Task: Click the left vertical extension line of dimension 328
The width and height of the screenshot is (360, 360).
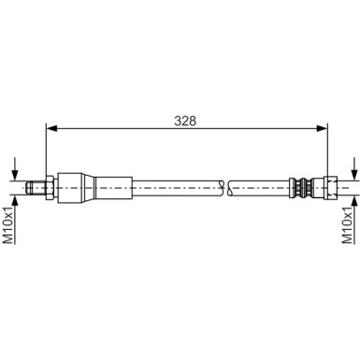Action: click(45, 150)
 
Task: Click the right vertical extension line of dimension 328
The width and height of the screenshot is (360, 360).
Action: click(327, 150)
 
